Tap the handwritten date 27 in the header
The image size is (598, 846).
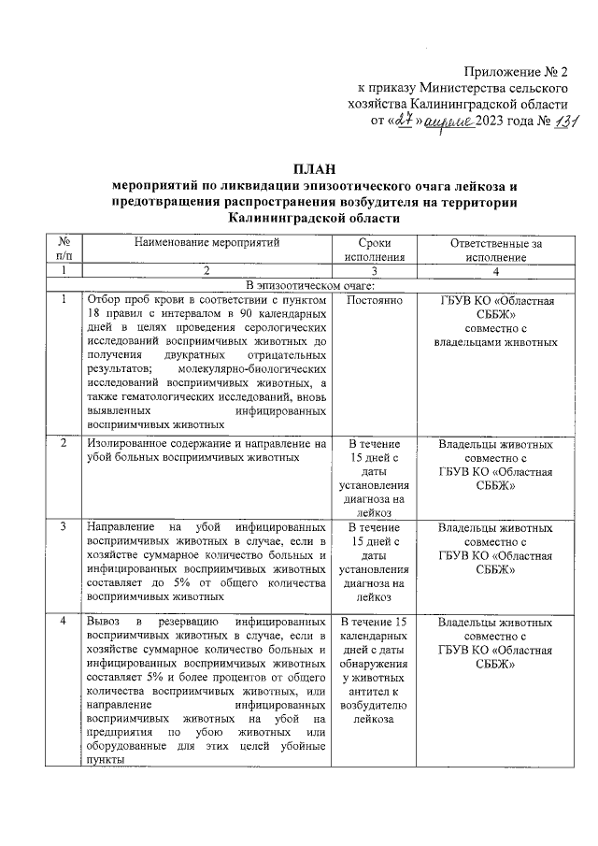coord(403,121)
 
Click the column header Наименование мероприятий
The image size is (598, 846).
coord(206,242)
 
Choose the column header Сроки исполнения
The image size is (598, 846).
coord(373,250)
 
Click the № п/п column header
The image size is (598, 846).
coord(63,250)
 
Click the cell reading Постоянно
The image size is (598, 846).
coord(373,301)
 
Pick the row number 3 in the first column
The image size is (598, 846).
coord(63,526)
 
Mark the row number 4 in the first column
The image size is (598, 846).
coord(63,622)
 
